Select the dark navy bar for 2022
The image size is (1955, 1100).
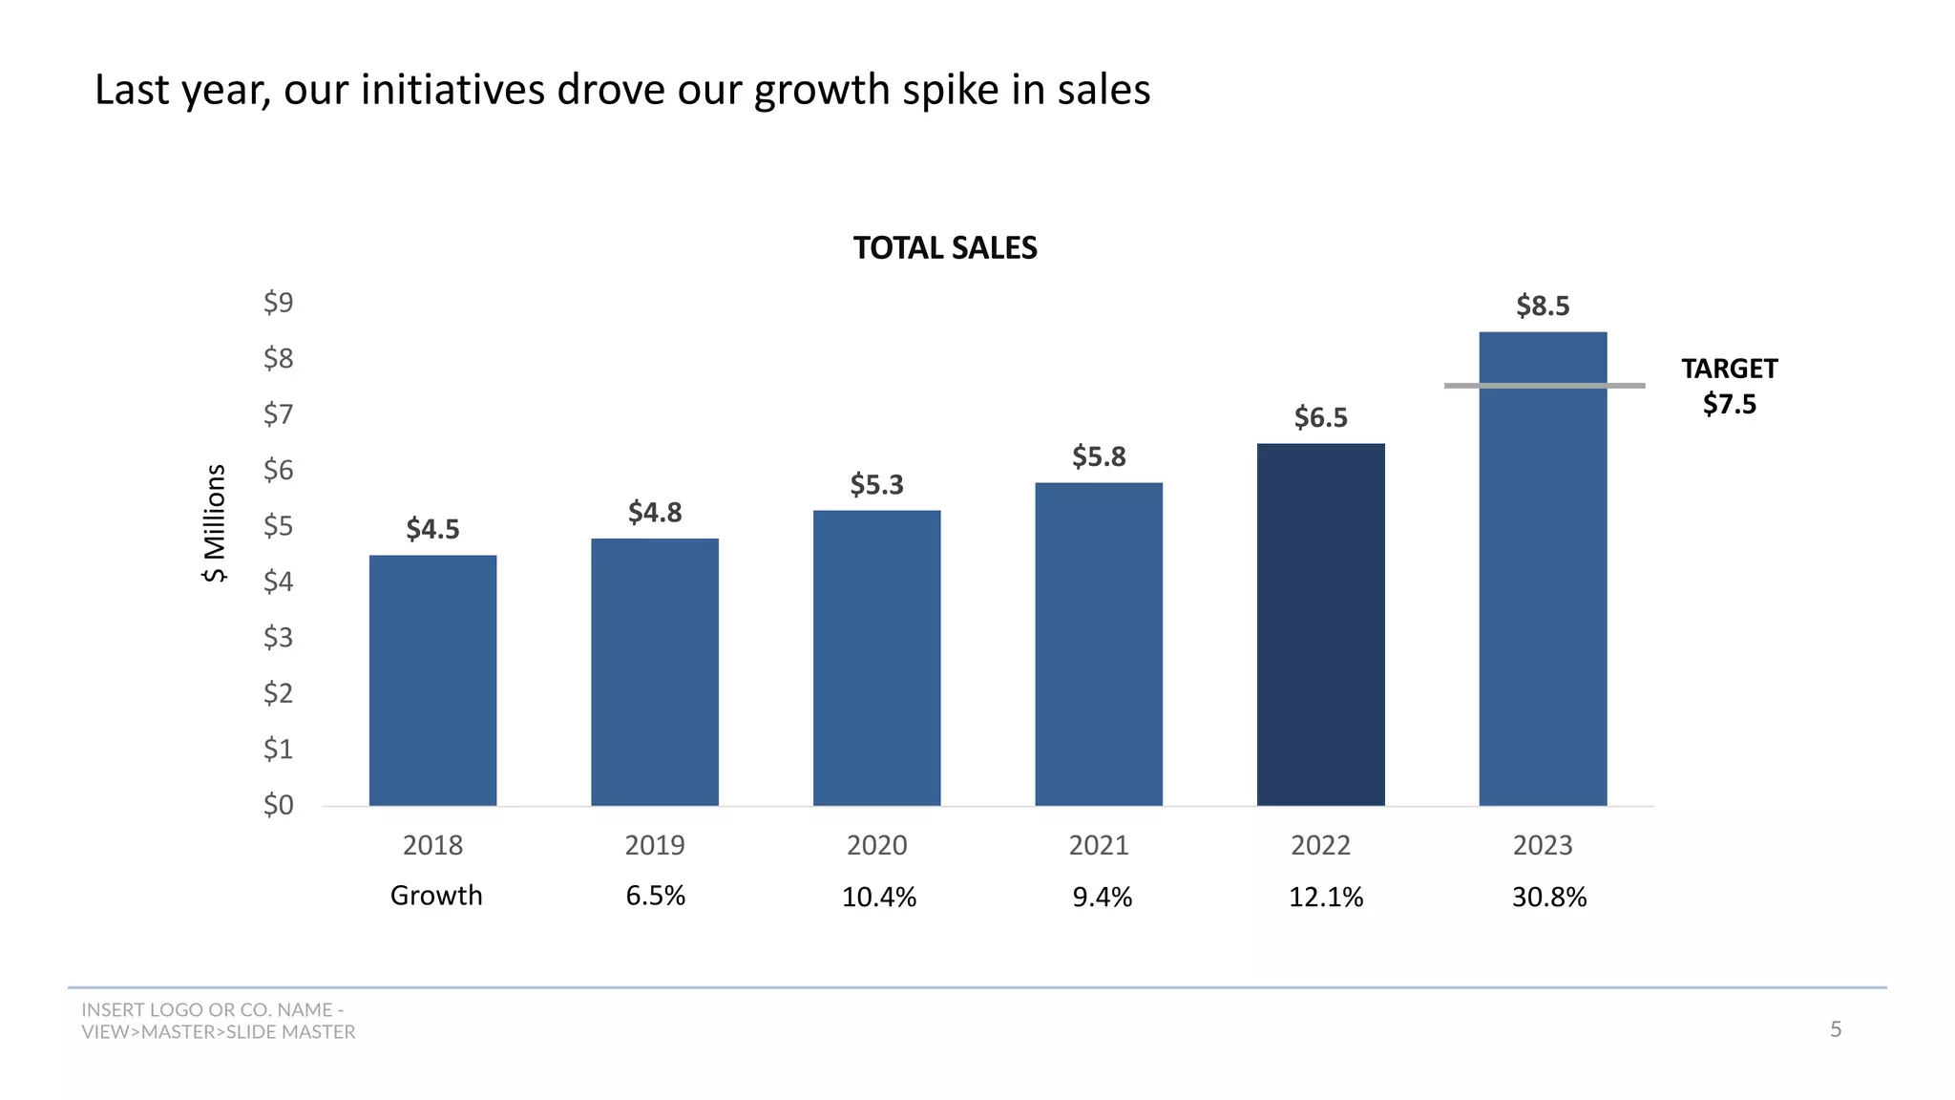pyautogui.click(x=1320, y=624)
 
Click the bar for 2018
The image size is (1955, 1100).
pyautogui.click(x=432, y=680)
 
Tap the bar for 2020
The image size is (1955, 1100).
pyautogui.click(x=876, y=658)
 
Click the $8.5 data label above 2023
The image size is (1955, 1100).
pyautogui.click(x=1543, y=307)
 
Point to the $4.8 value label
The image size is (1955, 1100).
pyautogui.click(x=655, y=513)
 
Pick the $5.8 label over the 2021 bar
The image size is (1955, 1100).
pyautogui.click(x=1099, y=456)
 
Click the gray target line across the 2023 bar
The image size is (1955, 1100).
pyautogui.click(x=1545, y=386)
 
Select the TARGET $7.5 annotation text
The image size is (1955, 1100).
pyautogui.click(x=1729, y=386)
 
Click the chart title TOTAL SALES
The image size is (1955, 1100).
pyautogui.click(x=944, y=248)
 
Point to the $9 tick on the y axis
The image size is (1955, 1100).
pyautogui.click(x=279, y=303)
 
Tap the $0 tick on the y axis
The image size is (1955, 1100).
pyautogui.click(x=279, y=805)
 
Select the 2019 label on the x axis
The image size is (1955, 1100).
pyautogui.click(x=655, y=845)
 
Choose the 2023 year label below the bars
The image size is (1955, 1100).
pyautogui.click(x=1543, y=845)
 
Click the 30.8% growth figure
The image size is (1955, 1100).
pyautogui.click(x=1548, y=898)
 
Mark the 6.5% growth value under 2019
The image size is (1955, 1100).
pyautogui.click(x=655, y=896)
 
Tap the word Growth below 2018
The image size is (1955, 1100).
pyautogui.click(x=436, y=896)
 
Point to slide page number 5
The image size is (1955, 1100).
pyautogui.click(x=1835, y=1029)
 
